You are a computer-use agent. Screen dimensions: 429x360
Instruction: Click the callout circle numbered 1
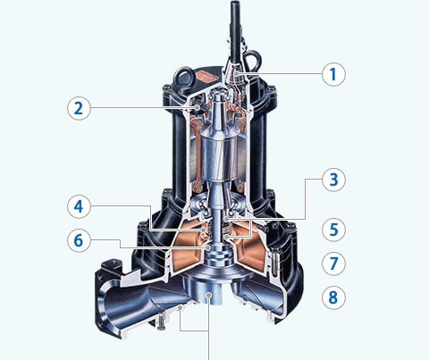(333, 74)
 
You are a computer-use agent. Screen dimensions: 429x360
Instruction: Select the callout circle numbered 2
(79, 108)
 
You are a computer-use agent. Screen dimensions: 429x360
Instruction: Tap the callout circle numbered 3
(333, 180)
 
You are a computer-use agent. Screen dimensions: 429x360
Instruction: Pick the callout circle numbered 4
(79, 206)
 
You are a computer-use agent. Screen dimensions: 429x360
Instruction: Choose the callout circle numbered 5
(333, 230)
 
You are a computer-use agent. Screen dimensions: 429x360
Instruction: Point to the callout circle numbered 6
(79, 240)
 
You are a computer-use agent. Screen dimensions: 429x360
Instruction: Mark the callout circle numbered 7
(333, 264)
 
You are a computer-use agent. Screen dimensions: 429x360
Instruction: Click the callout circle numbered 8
(333, 297)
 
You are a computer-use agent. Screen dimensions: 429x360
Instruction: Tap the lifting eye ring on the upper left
(185, 78)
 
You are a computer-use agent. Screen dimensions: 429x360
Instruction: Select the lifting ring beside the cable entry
(252, 60)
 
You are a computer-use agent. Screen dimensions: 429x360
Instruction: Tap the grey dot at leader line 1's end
(237, 73)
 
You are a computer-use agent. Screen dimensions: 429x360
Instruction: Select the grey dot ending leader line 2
(197, 107)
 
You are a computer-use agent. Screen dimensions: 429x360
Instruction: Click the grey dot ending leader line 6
(208, 247)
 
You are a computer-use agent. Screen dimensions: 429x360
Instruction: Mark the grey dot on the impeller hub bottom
(209, 295)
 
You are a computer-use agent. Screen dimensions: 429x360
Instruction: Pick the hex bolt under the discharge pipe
(160, 322)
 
